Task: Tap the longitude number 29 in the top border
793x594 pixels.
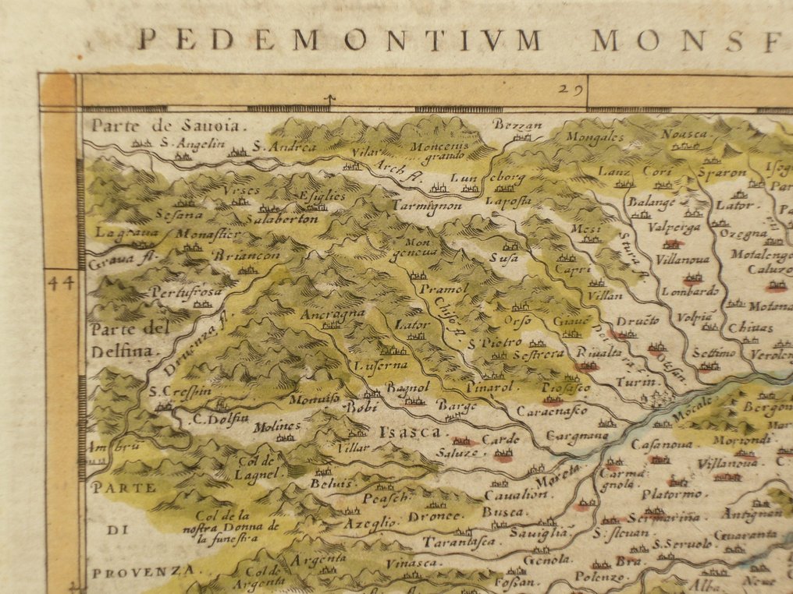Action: tap(571, 89)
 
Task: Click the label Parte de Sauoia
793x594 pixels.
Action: tap(168, 125)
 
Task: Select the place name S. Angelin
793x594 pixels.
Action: tap(192, 143)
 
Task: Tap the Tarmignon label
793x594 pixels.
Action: tap(427, 205)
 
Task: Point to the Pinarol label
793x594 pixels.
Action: tap(489, 386)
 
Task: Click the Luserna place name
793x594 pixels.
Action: tap(381, 364)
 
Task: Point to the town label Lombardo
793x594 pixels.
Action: tap(689, 291)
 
